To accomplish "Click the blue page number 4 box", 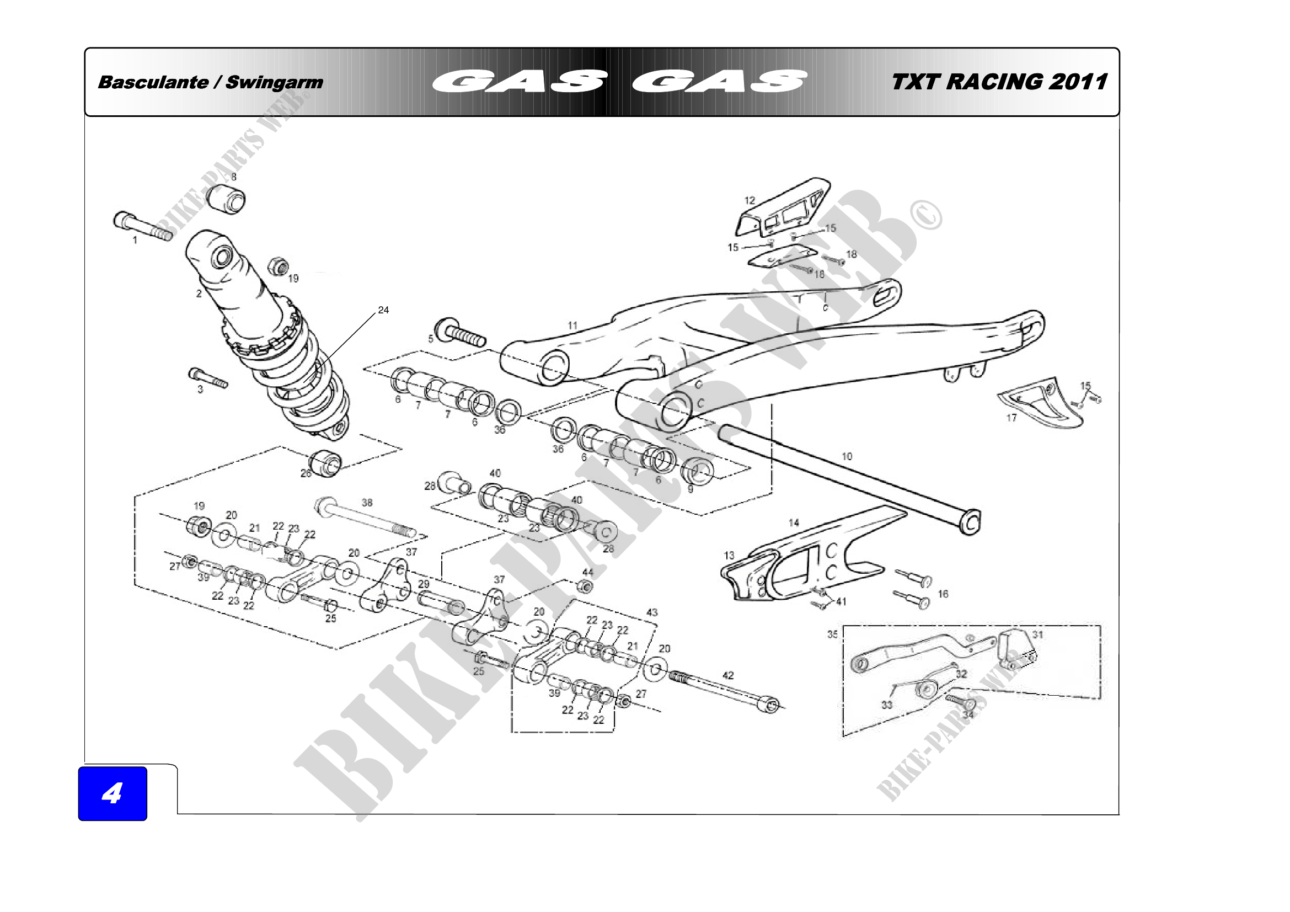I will click(x=113, y=793).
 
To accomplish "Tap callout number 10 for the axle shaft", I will click(x=847, y=456).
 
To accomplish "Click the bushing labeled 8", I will click(x=226, y=199).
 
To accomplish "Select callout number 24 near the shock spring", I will click(x=383, y=310).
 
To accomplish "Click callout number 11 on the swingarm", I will click(x=572, y=326).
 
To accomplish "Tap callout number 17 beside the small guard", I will click(x=1011, y=418).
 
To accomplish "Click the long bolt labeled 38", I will click(x=365, y=517).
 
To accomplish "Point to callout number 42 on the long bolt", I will click(x=728, y=675).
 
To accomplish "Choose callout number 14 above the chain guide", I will click(x=793, y=522).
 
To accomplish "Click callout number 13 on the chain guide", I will click(x=729, y=555).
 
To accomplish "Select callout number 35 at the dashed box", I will click(x=832, y=634).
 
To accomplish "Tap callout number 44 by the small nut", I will click(x=588, y=572).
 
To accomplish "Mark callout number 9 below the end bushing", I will click(x=691, y=489).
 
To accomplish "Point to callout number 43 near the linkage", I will click(x=652, y=612).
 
